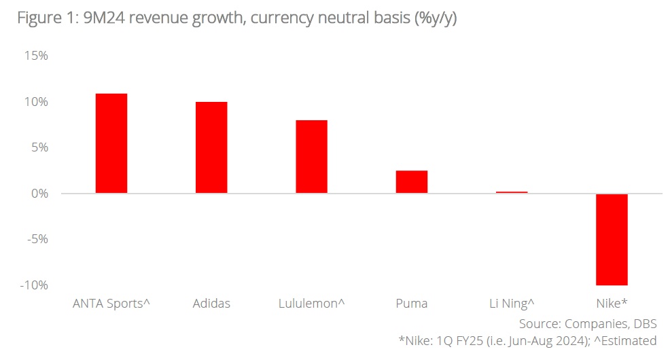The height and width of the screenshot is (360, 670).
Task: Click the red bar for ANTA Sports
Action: [111, 143]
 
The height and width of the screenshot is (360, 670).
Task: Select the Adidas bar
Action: [211, 147]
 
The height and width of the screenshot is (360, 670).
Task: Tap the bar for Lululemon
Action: [311, 157]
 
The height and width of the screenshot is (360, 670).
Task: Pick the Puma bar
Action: [412, 182]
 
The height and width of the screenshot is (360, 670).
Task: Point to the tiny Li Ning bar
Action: [512, 192]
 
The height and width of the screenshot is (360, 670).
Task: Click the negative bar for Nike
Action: [612, 239]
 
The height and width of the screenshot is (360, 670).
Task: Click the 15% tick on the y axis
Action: [35, 56]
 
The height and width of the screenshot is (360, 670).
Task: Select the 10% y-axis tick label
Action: [35, 102]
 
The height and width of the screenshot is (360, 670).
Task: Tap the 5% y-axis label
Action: [37, 147]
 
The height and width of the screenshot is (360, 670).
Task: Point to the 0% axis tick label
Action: [37, 194]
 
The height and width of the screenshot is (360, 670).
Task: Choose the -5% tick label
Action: [35, 239]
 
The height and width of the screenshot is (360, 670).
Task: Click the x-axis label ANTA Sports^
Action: [111, 304]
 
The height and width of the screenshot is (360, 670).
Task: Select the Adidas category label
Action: [211, 304]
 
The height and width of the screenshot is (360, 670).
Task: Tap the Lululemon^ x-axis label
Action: [311, 304]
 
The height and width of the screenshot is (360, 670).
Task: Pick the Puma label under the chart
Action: [412, 304]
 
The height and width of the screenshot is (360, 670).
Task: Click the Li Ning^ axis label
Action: [512, 304]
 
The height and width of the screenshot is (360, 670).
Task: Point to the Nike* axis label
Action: [612, 304]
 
